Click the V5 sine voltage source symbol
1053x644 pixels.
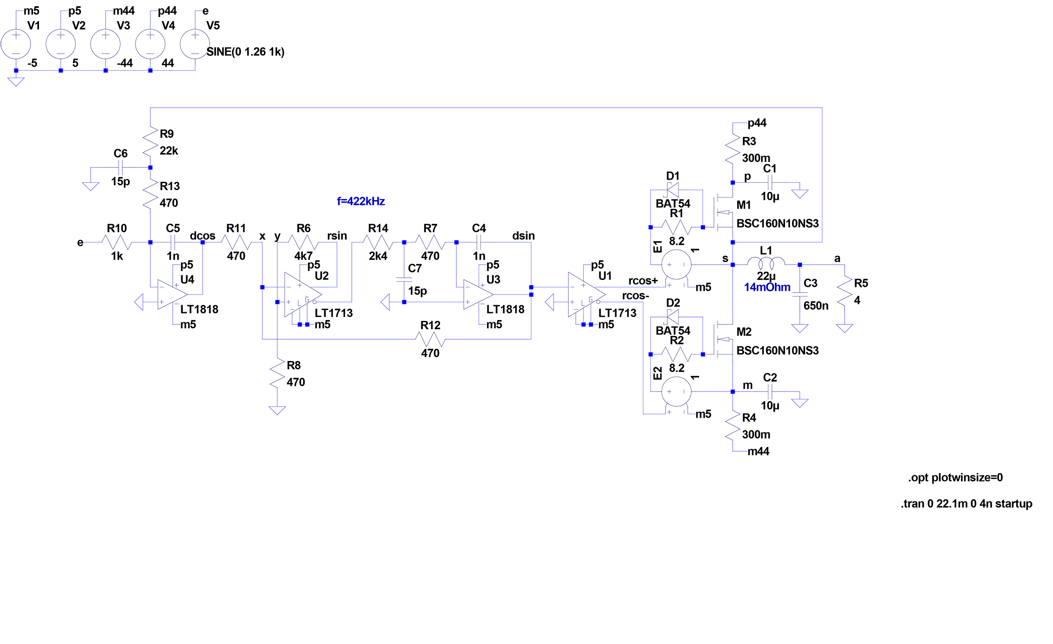point(195,44)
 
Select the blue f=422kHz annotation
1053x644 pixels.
point(360,201)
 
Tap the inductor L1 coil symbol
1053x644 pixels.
point(766,262)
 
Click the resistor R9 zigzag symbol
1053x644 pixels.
point(150,140)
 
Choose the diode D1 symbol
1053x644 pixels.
point(673,190)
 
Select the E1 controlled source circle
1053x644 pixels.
point(676,265)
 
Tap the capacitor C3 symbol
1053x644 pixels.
point(799,294)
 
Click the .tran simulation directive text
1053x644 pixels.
point(966,504)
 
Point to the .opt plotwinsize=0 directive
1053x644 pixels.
point(955,477)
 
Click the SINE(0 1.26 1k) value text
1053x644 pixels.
point(245,52)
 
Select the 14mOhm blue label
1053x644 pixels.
point(767,287)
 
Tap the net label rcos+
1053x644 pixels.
point(642,281)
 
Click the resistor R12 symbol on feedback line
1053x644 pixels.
point(430,339)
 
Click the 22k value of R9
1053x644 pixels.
point(169,151)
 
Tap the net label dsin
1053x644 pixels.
point(523,236)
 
